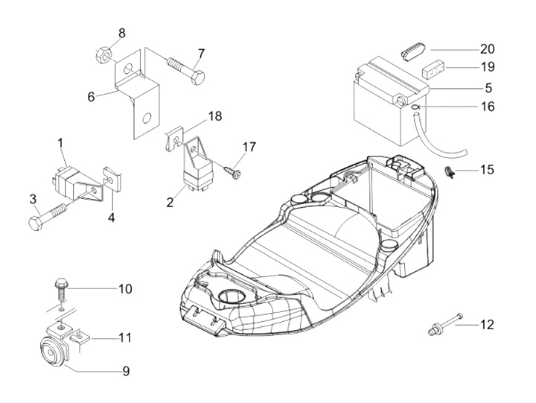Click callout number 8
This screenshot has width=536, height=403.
tap(122, 33)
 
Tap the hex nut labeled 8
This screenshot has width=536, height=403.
tap(103, 54)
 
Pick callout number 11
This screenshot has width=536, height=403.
tap(124, 337)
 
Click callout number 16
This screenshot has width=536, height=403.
tap(488, 107)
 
